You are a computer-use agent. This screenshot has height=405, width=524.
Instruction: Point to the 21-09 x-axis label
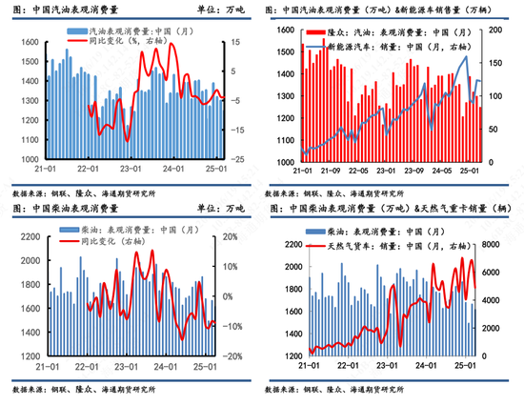330,172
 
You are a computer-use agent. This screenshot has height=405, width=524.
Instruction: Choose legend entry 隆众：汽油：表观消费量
376,32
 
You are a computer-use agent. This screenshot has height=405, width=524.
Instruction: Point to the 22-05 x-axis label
357,172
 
